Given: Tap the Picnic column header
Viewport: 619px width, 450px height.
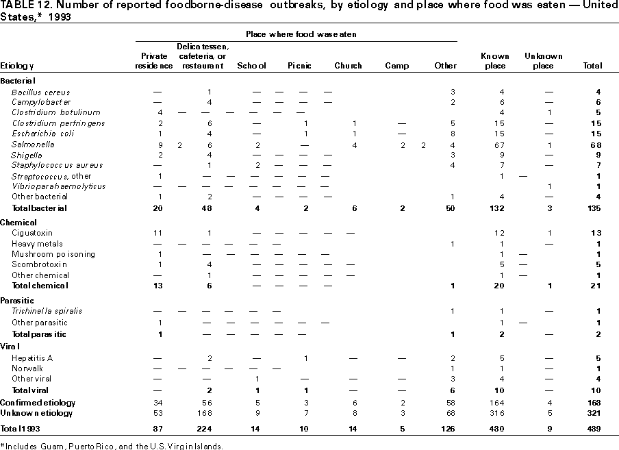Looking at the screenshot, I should tap(300, 66).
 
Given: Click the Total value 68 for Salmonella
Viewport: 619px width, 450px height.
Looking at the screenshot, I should tap(596, 145).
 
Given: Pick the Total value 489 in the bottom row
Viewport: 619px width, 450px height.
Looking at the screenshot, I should tap(594, 429).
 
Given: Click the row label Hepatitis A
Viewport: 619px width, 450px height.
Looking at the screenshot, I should tap(33, 358).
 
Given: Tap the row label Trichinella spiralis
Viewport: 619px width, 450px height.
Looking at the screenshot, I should tap(47, 311).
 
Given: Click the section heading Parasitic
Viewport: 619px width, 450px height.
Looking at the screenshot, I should tap(17, 301).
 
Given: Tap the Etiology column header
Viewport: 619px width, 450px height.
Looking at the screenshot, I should tap(17, 66).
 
